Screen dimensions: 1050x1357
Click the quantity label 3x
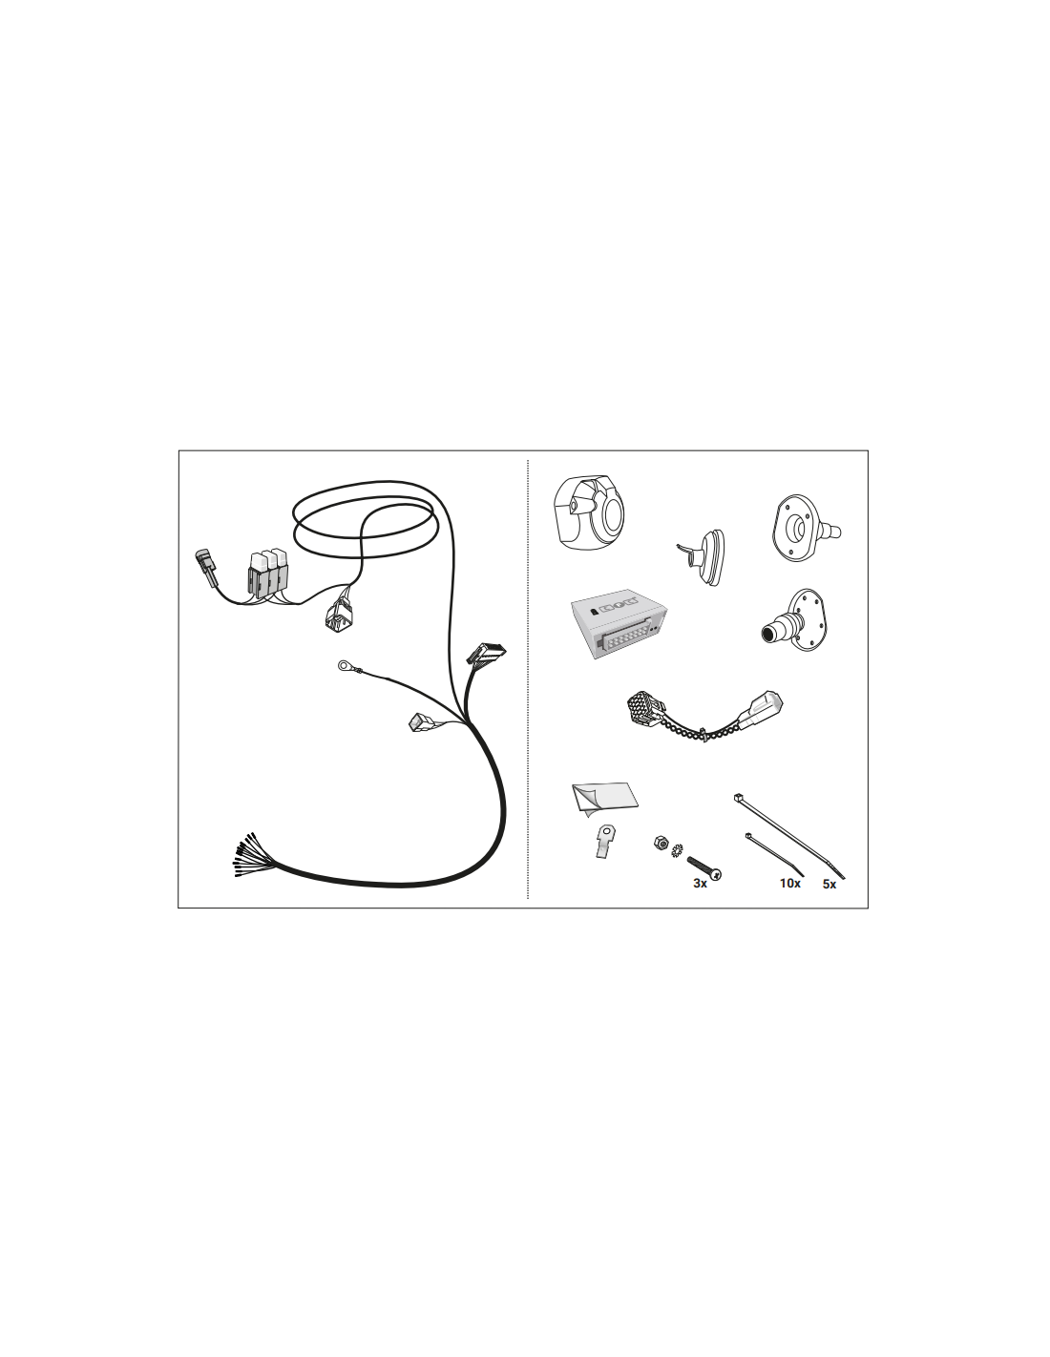pyautogui.click(x=701, y=884)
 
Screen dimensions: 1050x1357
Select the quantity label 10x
pyautogui.click(x=790, y=883)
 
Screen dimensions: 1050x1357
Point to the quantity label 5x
pyautogui.click(x=829, y=885)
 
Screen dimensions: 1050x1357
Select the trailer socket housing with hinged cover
pyautogui.click(x=588, y=512)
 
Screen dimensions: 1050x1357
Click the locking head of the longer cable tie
pyautogui.click(x=738, y=798)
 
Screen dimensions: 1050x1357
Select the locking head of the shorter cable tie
pyautogui.click(x=748, y=836)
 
